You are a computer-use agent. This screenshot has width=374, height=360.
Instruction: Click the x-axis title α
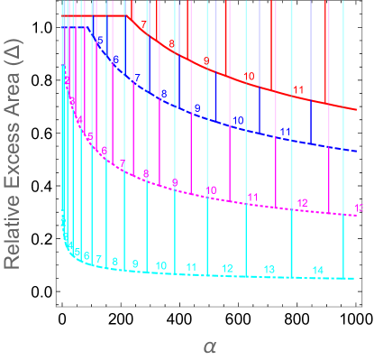209,346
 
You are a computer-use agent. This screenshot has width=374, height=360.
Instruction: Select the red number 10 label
249,77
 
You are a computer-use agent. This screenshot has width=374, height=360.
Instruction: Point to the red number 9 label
205,61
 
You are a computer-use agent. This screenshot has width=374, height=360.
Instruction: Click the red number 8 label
172,43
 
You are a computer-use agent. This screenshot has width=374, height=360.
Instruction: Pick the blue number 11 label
285,132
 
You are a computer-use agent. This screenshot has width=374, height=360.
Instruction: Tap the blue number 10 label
238,121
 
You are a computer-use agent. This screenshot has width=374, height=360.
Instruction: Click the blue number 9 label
197,108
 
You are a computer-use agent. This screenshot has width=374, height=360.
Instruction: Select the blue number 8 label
164,93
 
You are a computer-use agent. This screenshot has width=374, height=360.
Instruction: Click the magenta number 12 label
302,203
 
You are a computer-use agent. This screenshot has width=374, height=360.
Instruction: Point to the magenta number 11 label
253,197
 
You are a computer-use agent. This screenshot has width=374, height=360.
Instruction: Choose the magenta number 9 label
175,182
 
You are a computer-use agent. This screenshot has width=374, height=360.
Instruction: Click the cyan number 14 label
317,271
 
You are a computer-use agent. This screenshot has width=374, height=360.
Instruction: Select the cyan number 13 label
269,270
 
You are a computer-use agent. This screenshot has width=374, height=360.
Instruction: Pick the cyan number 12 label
227,268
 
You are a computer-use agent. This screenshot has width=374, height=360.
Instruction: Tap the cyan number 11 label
191,266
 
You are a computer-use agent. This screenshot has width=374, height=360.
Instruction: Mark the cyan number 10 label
160,265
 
